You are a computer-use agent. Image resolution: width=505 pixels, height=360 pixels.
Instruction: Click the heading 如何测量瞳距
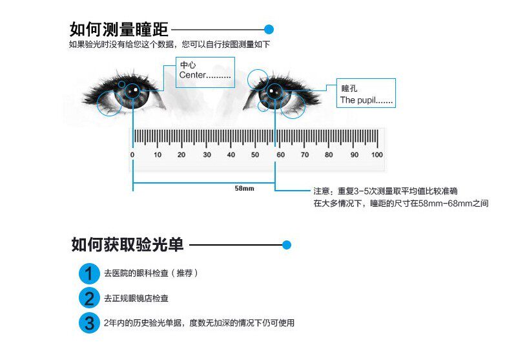119,30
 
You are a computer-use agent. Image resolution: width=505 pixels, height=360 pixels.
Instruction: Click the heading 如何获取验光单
127,245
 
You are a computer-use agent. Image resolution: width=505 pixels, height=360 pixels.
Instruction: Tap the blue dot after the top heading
269,29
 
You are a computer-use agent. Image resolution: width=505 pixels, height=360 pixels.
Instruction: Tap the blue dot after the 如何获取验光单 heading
287,245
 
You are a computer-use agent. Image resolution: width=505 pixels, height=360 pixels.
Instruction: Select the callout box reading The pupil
366,93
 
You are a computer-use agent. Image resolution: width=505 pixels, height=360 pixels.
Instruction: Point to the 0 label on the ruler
132,155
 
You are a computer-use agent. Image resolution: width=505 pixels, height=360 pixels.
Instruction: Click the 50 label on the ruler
256,155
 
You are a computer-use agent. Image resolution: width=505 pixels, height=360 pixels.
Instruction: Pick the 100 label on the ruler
377,155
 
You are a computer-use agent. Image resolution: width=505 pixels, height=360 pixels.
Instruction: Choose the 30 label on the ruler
207,155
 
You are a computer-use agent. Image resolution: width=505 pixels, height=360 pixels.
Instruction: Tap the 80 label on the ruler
329,155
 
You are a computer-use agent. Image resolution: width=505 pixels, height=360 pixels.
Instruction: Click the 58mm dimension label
243,188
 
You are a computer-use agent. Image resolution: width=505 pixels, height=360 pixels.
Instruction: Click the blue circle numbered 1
89,273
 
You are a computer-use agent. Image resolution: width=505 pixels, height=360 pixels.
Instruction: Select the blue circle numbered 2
89,298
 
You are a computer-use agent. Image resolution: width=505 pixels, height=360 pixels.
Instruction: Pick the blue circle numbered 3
89,323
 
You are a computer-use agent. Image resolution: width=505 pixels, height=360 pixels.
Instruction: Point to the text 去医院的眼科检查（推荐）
150,273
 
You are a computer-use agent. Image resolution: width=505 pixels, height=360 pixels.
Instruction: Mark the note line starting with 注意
386,191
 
